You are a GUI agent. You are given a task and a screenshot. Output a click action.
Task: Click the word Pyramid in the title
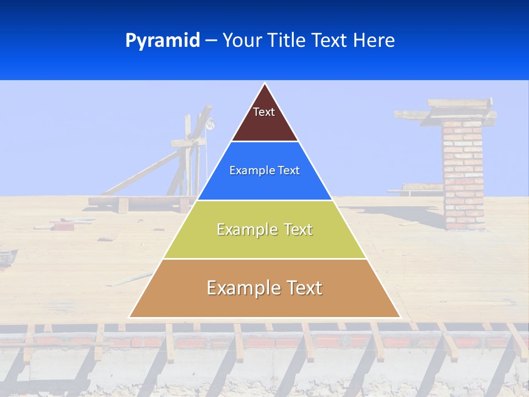[x=163, y=41]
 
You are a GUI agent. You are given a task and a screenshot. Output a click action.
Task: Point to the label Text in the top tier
[x=264, y=112]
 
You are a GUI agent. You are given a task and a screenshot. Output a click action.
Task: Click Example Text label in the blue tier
[x=264, y=170]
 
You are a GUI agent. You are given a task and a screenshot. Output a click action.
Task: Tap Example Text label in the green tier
[x=264, y=229]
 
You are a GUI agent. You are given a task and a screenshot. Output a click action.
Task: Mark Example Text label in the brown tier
[x=264, y=288]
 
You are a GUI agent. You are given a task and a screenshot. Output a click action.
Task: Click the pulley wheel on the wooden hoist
[x=209, y=125]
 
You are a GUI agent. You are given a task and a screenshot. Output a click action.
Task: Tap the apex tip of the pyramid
[x=265, y=84]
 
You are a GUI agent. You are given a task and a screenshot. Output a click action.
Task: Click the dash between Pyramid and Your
[x=211, y=41]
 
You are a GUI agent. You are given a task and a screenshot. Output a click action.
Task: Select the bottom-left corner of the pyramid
[x=130, y=316]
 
